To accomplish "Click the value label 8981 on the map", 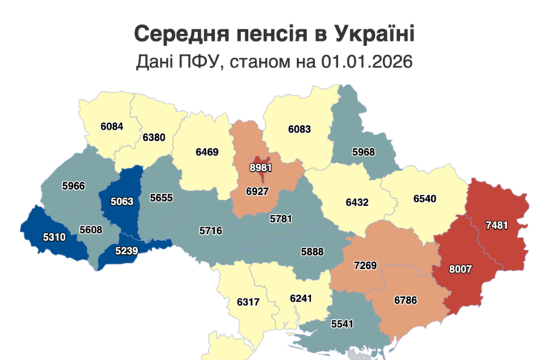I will pyautogui.click(x=261, y=168).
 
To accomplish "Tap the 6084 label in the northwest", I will pyautogui.click(x=112, y=126).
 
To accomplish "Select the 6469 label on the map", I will pyautogui.click(x=207, y=152).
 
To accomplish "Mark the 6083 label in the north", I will pyautogui.click(x=299, y=129).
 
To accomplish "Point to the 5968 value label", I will pyautogui.click(x=362, y=153).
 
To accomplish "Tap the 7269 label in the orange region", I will pyautogui.click(x=365, y=264).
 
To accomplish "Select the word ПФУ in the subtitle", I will pyautogui.click(x=200, y=62).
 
